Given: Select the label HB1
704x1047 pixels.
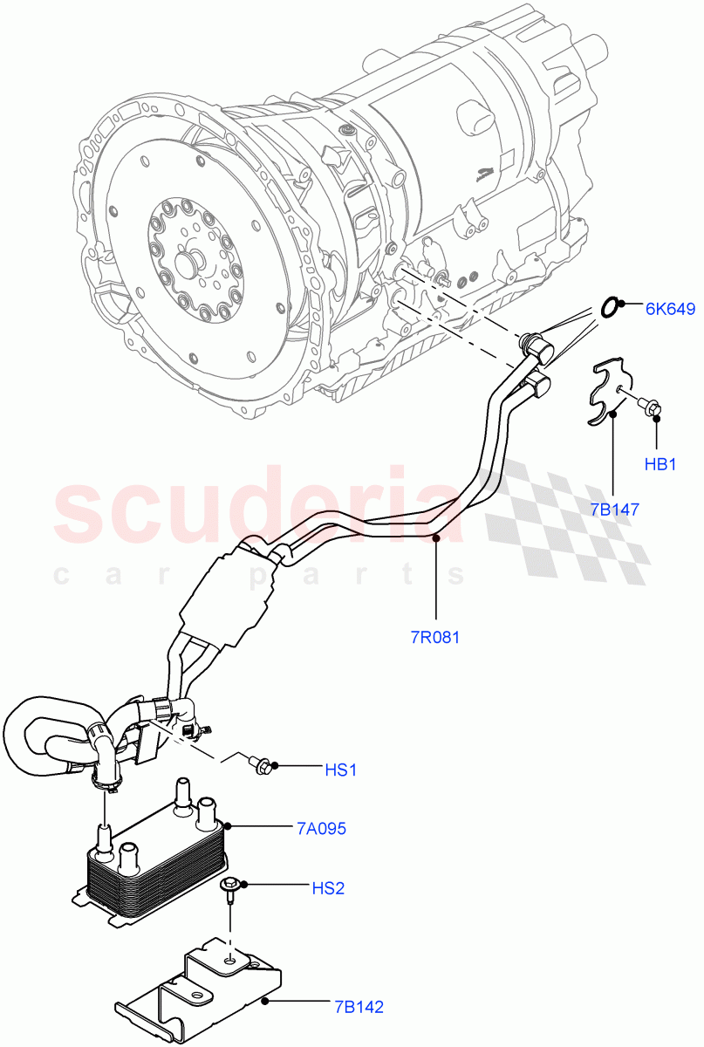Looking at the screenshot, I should click(x=660, y=464).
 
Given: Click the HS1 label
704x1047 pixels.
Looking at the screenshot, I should click(x=341, y=770).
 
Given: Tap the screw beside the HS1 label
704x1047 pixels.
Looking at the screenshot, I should click(x=261, y=766).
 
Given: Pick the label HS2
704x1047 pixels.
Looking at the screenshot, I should click(x=328, y=888).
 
